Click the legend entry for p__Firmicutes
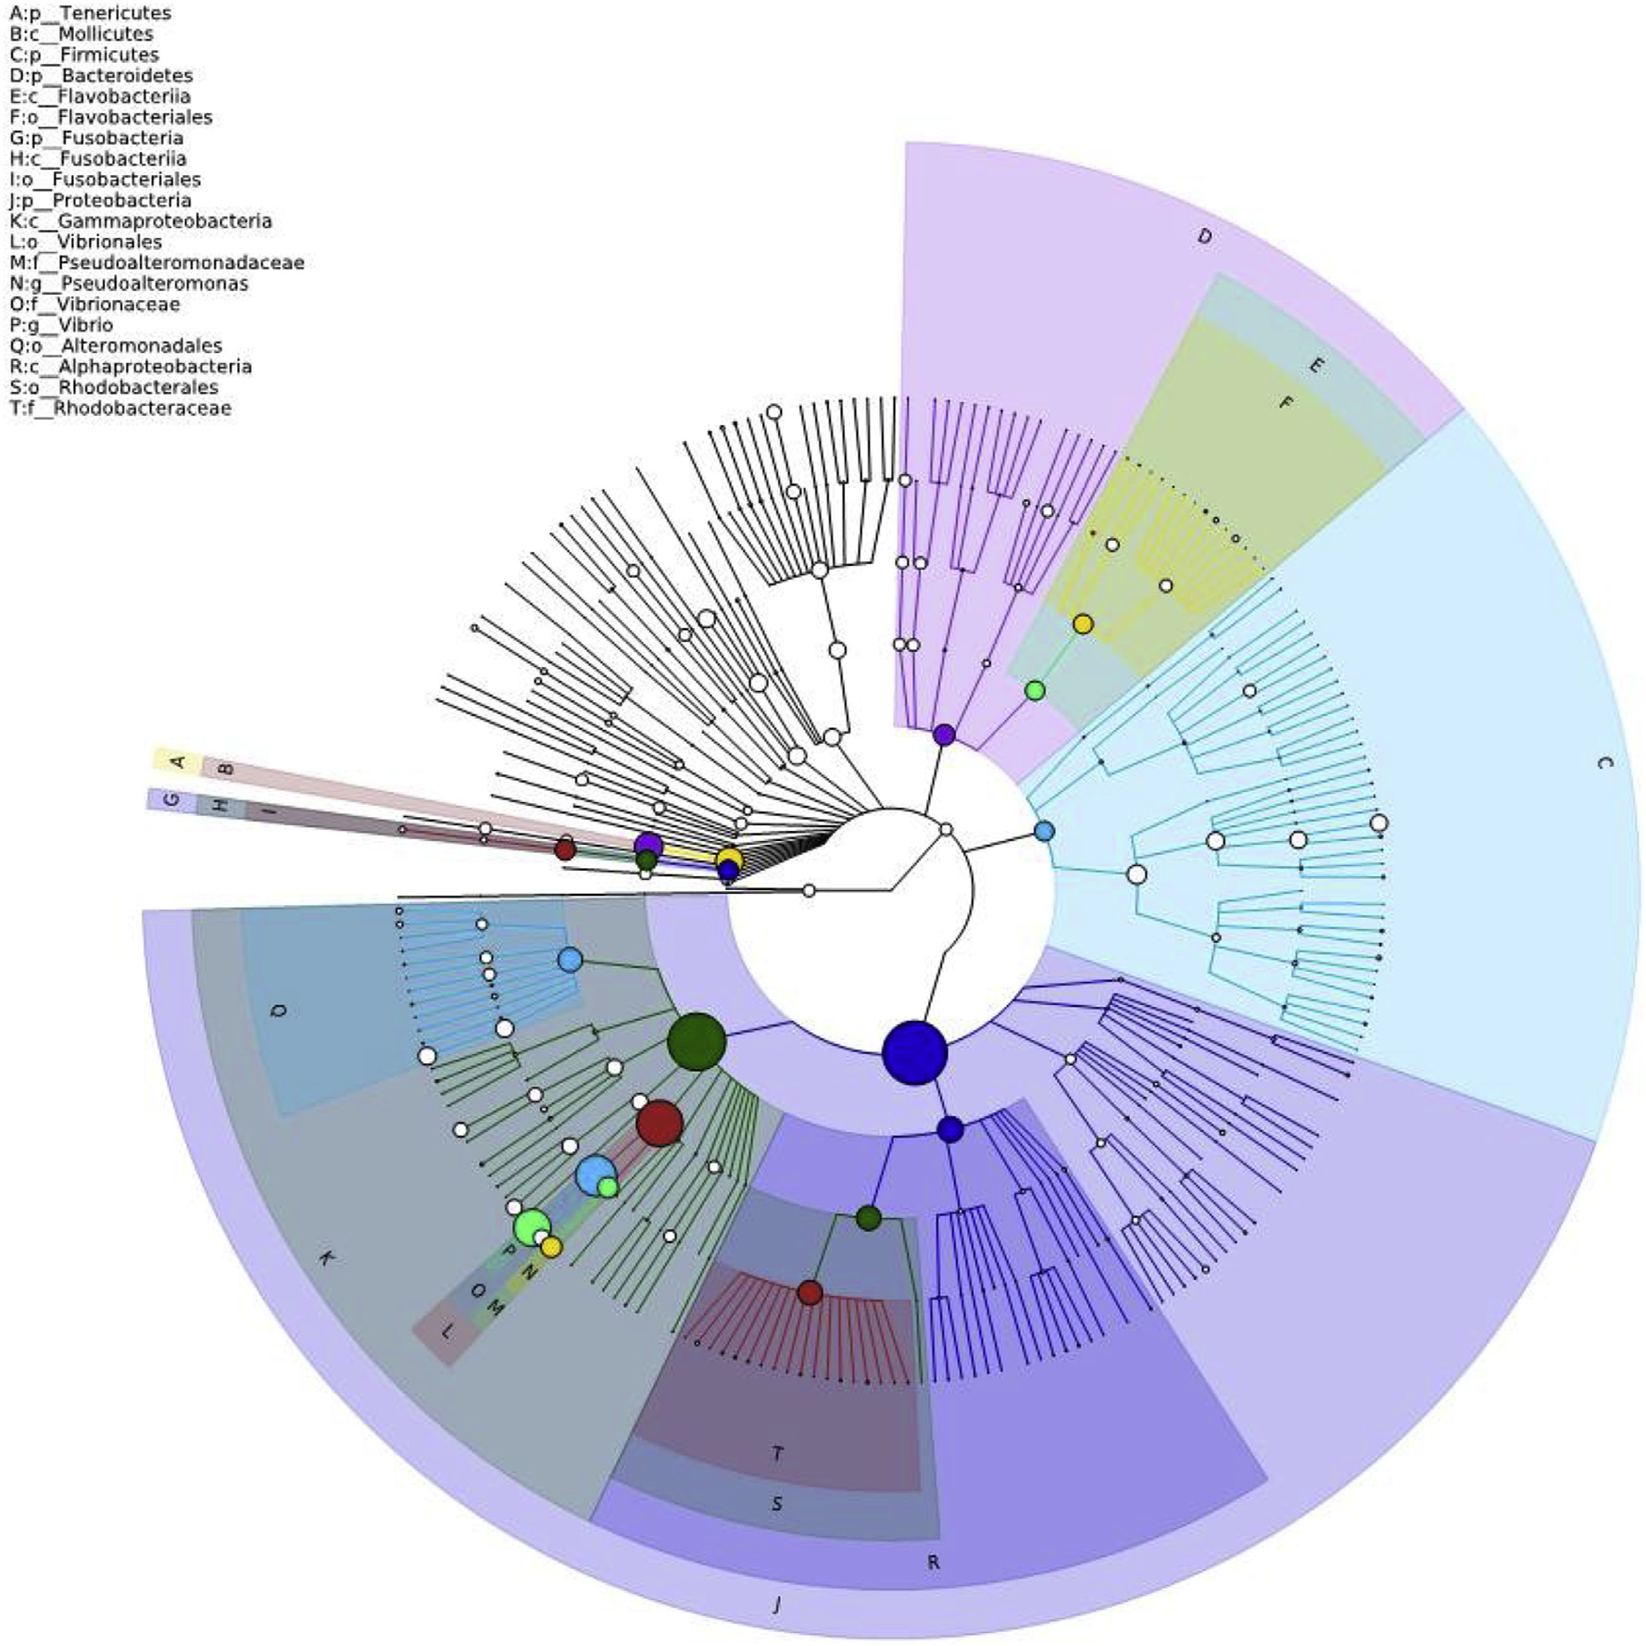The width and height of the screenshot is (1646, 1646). pos(84,55)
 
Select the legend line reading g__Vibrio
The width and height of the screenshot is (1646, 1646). pos(61,325)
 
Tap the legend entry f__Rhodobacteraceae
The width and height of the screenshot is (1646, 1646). pos(120,408)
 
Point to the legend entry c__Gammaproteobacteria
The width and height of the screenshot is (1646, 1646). pos(141,221)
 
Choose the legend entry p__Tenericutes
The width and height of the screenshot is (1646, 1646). pos(91,13)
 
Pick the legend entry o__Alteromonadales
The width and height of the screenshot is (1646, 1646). pos(116,346)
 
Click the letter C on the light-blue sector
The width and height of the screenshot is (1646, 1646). pos(1605,762)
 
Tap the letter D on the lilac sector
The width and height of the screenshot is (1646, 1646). pos(1204,237)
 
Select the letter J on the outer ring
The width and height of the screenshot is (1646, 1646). pos(776,1602)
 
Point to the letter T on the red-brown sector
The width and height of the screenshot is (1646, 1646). pos(778,1453)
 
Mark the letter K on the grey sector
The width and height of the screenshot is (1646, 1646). pos(325,1259)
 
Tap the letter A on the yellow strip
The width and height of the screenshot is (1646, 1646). pos(179,762)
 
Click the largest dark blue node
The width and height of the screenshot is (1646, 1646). pos(914,1052)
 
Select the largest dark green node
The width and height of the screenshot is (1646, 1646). pos(697,1042)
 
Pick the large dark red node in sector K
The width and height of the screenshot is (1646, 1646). pos(660,1124)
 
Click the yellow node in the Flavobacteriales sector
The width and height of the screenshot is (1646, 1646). pos(1083,624)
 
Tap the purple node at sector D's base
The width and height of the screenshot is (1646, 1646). pos(944,735)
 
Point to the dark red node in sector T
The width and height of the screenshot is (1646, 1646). pos(810,1293)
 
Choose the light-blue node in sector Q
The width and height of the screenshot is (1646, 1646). pos(570,960)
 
